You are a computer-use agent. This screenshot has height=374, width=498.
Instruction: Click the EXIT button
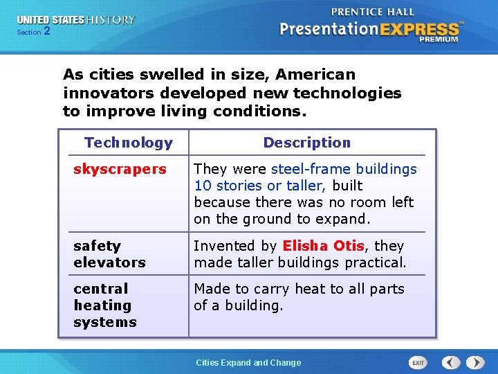click(x=418, y=363)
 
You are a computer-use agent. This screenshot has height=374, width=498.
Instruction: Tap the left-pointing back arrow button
click(x=451, y=363)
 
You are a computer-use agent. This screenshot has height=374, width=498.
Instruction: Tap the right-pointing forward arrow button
click(x=475, y=363)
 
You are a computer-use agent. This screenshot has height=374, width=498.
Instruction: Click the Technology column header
click(x=128, y=143)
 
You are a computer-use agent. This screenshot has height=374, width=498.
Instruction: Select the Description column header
click(x=306, y=143)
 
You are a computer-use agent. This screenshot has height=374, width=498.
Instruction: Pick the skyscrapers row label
click(x=120, y=169)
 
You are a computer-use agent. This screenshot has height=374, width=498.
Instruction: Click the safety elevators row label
click(x=109, y=254)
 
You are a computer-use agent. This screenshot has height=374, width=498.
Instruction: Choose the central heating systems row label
click(x=104, y=305)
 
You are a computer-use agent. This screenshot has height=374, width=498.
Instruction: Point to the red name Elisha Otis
click(x=323, y=246)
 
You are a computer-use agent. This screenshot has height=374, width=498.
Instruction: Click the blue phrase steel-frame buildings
click(x=344, y=169)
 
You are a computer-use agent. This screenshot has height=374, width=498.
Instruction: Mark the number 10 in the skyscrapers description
click(x=202, y=186)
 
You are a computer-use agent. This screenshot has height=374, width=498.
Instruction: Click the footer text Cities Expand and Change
click(x=248, y=363)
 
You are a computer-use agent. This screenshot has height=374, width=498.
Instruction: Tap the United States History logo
click(x=76, y=20)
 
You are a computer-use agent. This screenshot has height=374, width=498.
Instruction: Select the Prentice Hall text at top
click(x=372, y=12)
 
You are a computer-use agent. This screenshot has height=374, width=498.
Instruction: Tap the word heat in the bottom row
click(x=292, y=289)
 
